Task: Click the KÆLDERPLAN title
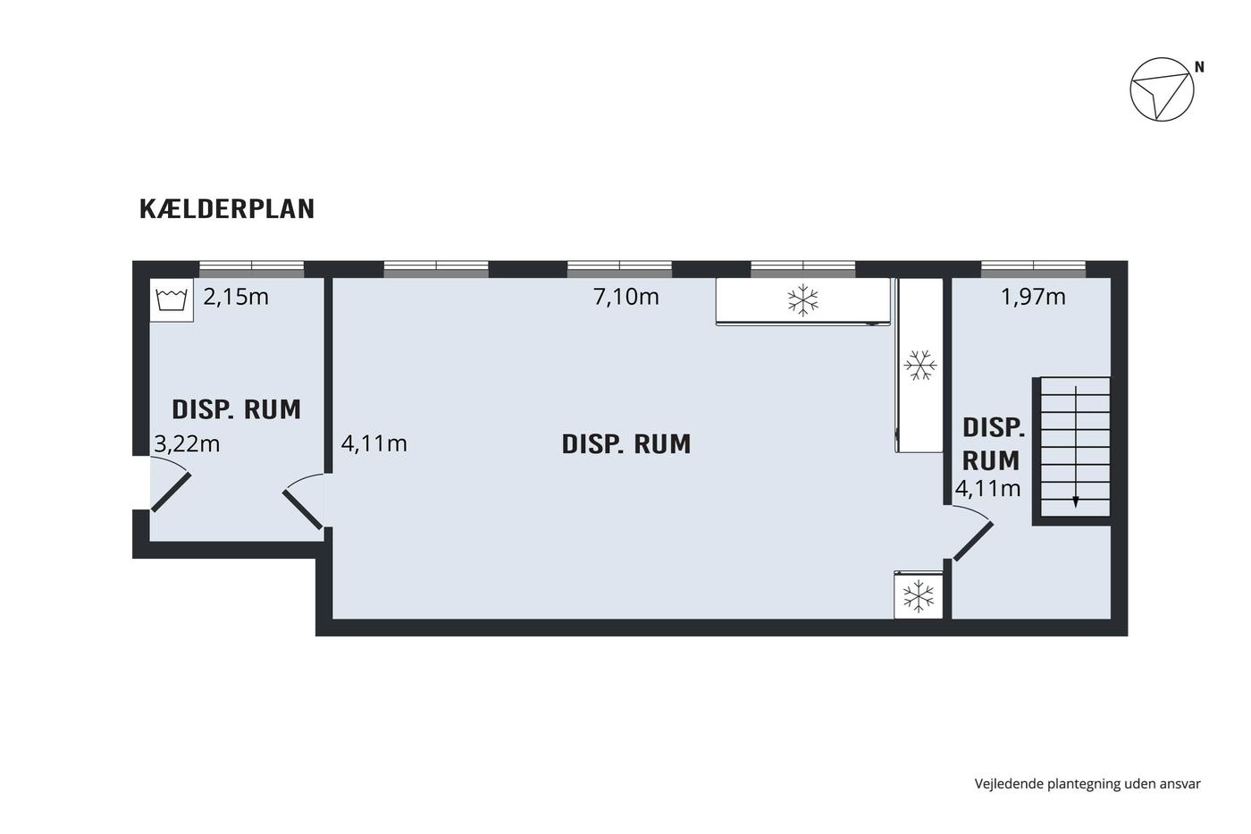click(227, 209)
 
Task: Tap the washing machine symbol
click(172, 300)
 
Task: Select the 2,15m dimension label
click(236, 297)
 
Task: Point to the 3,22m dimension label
click(187, 444)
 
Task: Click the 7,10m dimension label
click(626, 297)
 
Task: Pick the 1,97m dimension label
click(1033, 297)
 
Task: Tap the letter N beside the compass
click(1199, 67)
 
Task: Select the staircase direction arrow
click(1076, 446)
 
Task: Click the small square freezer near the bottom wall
click(919, 595)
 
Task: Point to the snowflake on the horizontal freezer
click(803, 300)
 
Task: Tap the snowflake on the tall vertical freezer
click(920, 366)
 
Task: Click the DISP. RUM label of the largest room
click(626, 444)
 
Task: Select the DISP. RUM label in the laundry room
click(236, 409)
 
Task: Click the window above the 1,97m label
click(1033, 269)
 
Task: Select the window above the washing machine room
click(252, 269)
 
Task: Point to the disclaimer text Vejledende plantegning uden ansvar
click(1087, 784)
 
